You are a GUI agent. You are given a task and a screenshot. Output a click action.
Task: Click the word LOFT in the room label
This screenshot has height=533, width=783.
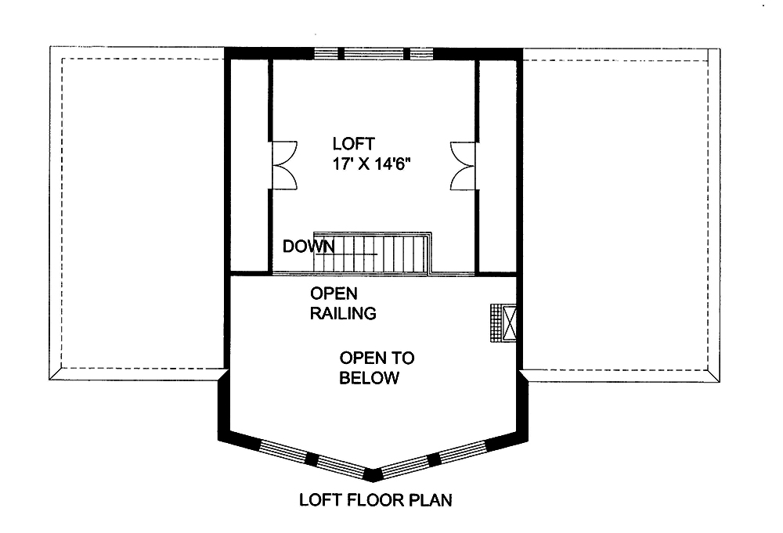(353, 144)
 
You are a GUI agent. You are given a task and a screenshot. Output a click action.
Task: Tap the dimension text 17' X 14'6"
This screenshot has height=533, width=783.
(372, 165)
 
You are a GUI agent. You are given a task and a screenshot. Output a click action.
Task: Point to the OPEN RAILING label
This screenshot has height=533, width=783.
(343, 304)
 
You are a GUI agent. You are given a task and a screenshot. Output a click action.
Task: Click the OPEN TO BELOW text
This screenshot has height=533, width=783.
(376, 369)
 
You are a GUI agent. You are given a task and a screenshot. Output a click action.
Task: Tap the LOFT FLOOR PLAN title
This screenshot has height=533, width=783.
(376, 499)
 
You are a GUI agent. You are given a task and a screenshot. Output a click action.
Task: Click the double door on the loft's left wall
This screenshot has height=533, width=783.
(283, 165)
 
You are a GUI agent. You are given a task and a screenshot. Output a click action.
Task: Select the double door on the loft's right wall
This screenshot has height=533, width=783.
(464, 165)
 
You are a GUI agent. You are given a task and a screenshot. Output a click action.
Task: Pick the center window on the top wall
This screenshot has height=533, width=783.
(374, 53)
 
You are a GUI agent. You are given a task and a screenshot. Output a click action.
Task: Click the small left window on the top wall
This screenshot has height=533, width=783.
(327, 53)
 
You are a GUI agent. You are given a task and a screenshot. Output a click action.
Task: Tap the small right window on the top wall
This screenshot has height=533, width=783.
(421, 53)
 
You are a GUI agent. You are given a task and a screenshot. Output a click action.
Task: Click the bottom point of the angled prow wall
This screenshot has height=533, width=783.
(374, 474)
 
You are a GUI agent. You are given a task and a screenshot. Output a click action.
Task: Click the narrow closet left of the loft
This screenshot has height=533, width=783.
(250, 164)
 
